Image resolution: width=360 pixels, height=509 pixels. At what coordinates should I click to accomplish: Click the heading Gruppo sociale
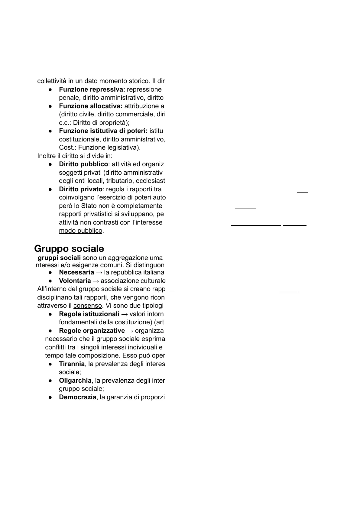(69, 248)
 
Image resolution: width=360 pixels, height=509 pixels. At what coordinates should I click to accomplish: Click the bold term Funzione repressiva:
(92, 89)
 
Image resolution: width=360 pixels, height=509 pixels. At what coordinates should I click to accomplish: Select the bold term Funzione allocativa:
(91, 106)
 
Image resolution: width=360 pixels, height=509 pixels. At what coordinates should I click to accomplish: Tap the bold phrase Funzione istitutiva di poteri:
(103, 131)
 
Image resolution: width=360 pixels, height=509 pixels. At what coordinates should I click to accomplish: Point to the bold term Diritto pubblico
(83, 164)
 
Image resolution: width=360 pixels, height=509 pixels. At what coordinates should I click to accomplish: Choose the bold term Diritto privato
(81, 189)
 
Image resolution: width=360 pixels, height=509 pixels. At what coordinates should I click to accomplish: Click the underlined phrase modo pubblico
(81, 231)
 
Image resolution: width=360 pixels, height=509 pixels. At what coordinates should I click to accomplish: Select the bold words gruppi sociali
(59, 258)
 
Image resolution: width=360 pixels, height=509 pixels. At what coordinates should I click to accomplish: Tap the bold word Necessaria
(76, 272)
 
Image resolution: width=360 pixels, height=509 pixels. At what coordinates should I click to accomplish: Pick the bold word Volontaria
(75, 281)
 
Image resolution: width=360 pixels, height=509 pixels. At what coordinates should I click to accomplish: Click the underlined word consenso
(88, 306)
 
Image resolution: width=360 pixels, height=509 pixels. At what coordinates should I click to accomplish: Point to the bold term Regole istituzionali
(89, 314)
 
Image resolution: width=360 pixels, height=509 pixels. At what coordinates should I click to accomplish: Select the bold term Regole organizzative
(92, 331)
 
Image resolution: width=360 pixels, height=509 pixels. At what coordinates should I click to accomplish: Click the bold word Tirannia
(72, 364)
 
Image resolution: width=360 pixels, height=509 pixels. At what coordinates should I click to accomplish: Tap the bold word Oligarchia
(75, 381)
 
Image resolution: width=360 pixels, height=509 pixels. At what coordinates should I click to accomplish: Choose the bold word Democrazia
(77, 397)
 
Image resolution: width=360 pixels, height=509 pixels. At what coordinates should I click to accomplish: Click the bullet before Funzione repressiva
(50, 90)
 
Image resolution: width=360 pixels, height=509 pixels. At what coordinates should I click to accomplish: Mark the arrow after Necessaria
(99, 272)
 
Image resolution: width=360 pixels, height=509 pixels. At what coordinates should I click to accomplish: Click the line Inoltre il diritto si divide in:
(75, 156)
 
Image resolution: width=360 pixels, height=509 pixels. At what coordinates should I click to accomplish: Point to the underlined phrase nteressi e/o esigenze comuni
(79, 265)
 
